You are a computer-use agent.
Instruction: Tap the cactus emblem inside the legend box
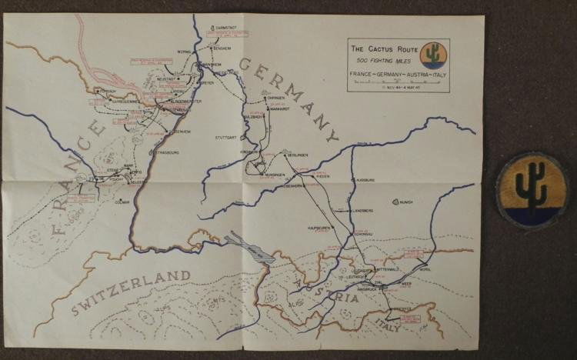(x=435, y=55)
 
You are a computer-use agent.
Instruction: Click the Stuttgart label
(x=225, y=138)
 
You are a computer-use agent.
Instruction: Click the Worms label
(x=183, y=52)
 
